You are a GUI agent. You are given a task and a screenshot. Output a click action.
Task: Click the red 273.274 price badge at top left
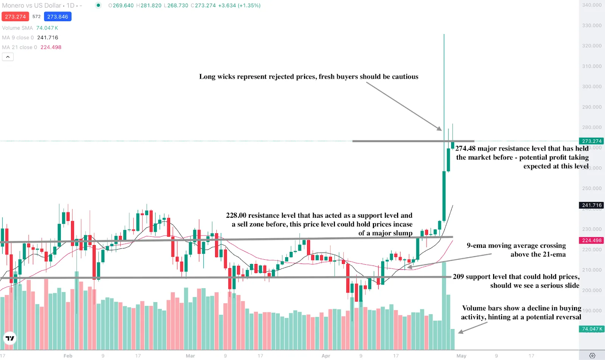[x=15, y=17]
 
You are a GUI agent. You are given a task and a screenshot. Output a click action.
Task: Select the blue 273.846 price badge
[x=57, y=17]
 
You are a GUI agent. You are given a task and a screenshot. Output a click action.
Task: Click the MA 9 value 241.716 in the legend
[x=48, y=37]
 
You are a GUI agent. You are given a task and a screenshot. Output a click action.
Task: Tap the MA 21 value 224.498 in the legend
[x=51, y=47]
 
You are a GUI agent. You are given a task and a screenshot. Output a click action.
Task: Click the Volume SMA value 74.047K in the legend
[x=47, y=28]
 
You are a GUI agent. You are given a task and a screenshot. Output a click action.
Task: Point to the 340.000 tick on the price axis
[x=592, y=5]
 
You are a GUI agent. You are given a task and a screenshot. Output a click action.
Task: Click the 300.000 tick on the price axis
[x=592, y=87]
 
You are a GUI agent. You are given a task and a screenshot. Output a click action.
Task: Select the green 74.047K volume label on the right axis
[x=592, y=329]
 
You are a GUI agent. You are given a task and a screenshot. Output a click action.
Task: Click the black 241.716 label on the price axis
[x=592, y=205]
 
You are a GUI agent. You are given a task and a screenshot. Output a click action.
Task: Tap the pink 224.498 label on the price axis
[x=592, y=241]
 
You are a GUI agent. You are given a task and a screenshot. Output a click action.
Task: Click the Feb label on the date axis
[x=68, y=356]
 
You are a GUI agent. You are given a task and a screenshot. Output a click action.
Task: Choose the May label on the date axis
[x=461, y=356]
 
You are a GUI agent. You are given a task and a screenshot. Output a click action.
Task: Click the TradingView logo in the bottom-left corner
[x=10, y=338]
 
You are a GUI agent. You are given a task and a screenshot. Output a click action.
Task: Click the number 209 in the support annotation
[x=458, y=277]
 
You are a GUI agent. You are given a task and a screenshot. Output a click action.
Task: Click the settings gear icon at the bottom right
[x=592, y=355]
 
